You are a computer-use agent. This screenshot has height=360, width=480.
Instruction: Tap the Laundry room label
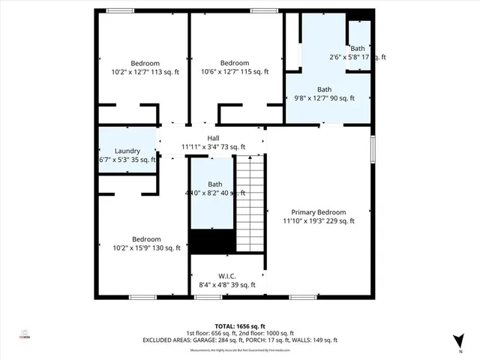tap(127, 151)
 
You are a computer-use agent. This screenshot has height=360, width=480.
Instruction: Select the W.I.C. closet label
tap(227, 275)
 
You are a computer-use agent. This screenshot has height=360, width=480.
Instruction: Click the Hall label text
tap(213, 137)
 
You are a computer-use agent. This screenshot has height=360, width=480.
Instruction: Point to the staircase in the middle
tap(250, 202)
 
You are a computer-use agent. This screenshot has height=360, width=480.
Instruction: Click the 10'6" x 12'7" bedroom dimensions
tap(234, 72)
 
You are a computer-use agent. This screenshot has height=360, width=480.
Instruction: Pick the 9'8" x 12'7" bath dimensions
tap(324, 98)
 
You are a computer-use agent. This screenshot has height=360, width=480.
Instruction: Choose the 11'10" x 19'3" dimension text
tap(319, 221)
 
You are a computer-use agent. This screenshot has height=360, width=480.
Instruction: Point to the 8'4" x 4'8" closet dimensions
tap(227, 285)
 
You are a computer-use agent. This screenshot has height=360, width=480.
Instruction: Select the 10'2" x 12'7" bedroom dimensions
tap(145, 72)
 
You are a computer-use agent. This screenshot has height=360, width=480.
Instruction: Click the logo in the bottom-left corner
tap(25, 335)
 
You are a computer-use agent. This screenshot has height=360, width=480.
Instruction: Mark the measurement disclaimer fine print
tap(239, 349)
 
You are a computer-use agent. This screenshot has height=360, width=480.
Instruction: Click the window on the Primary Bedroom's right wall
tap(373, 146)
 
